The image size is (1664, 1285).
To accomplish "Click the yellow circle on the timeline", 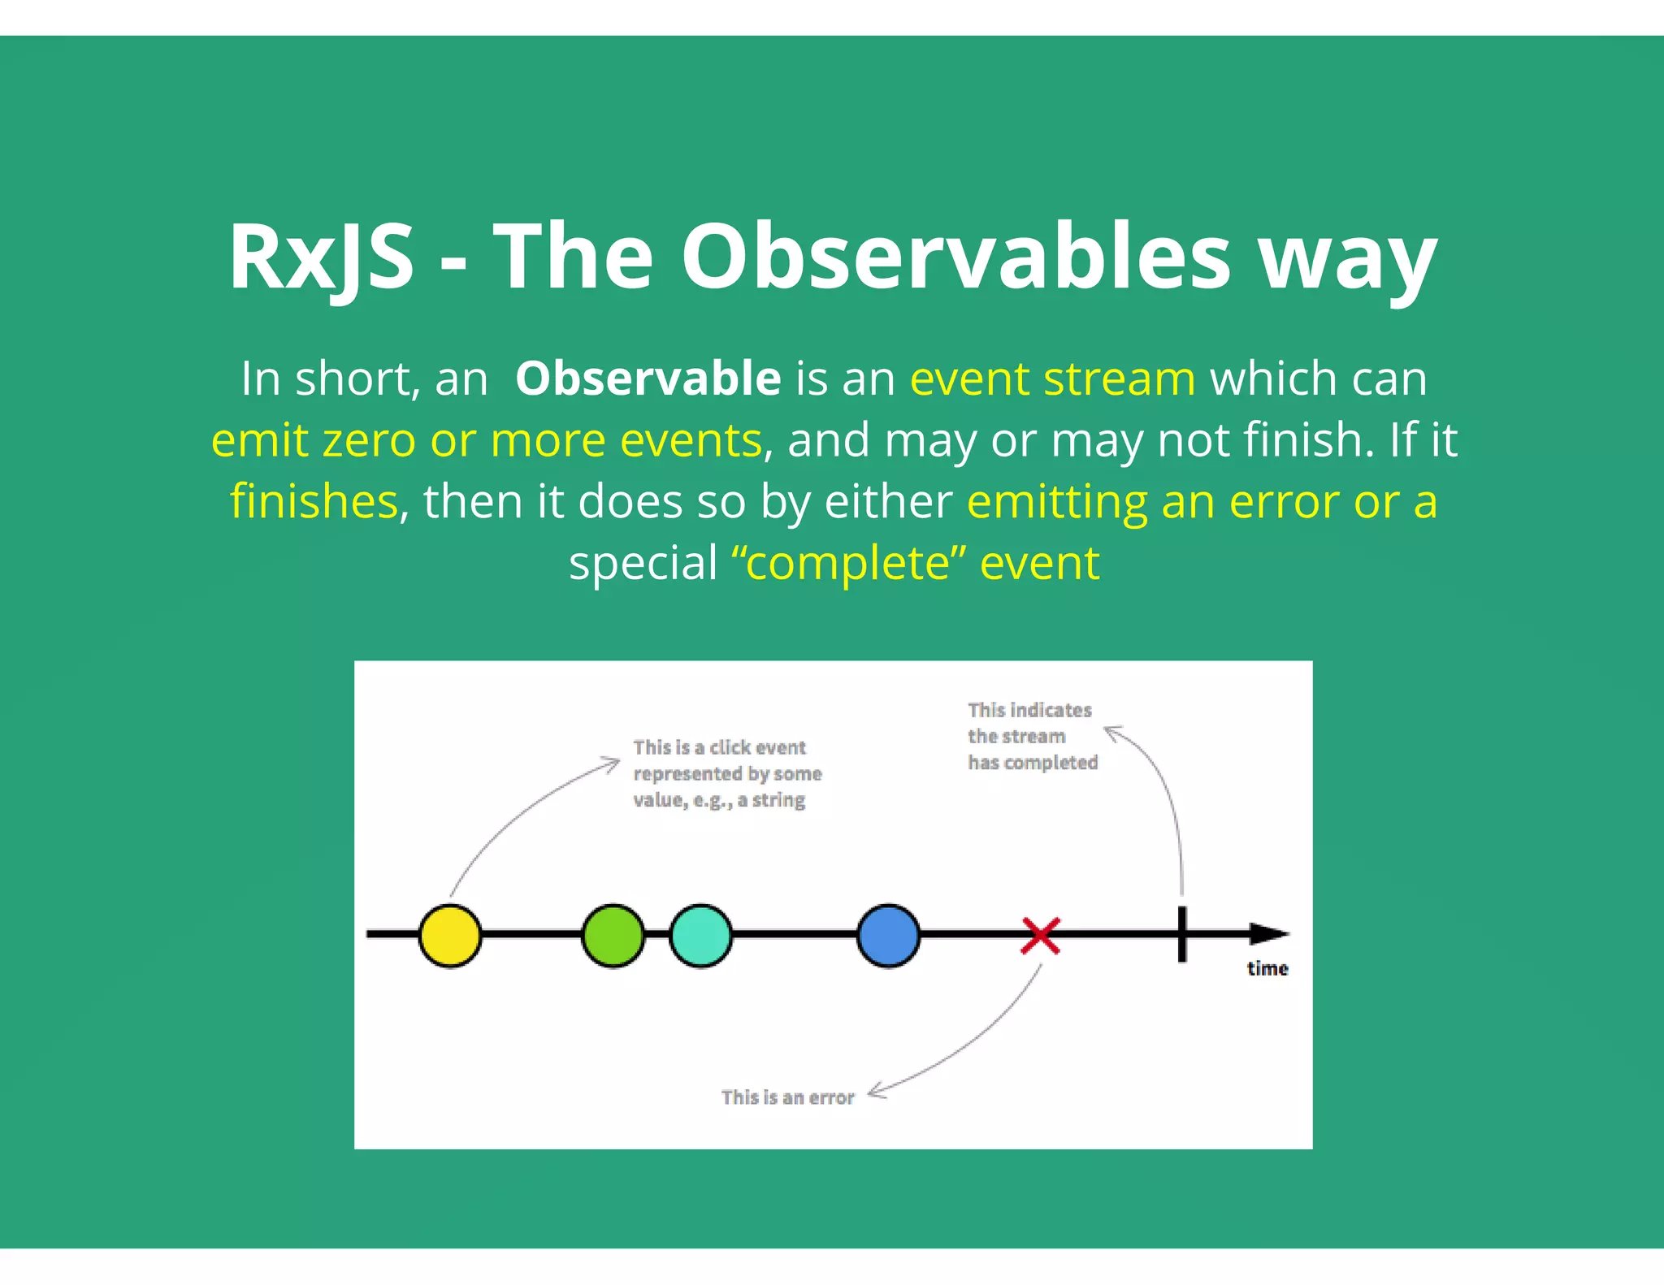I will (x=449, y=935).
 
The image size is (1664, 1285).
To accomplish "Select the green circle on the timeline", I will (x=613, y=935).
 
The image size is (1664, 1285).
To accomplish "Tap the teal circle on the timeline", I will (x=700, y=935).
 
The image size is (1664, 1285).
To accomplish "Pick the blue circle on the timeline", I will (x=888, y=935).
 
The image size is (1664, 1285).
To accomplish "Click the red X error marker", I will (x=1040, y=936).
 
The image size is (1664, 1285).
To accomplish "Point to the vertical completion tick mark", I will (x=1181, y=934).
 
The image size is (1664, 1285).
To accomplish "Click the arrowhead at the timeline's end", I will (x=1267, y=934).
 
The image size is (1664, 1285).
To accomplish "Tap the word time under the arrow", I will (x=1267, y=968).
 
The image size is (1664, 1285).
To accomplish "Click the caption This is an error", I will (x=787, y=1097).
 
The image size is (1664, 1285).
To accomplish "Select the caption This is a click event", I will (x=719, y=747).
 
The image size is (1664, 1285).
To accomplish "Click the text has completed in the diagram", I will (x=1032, y=763).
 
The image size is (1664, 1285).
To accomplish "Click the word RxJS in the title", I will (x=321, y=257).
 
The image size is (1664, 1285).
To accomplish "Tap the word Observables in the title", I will (x=955, y=257).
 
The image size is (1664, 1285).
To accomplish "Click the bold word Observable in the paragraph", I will (x=648, y=379).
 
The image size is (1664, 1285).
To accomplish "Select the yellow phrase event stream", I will (x=1052, y=379).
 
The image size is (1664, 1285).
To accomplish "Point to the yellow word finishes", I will (x=314, y=501).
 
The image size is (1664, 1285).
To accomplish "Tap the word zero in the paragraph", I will (x=369, y=440).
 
